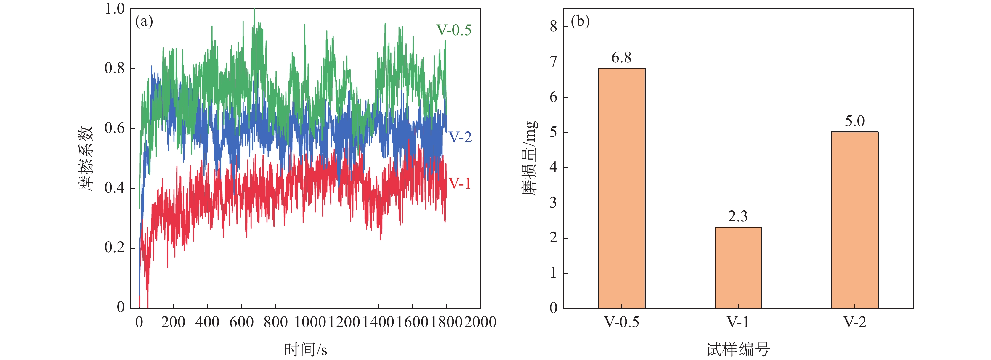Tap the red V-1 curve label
click(459, 184)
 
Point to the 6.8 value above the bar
click(621, 58)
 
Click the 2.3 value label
click(737, 216)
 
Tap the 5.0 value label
click(854, 122)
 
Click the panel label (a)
click(144, 22)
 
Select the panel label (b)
click(580, 22)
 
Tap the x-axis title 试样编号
click(738, 350)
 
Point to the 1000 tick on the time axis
click(310, 322)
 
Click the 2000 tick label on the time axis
click(480, 322)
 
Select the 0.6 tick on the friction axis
click(115, 128)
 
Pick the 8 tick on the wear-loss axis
click(554, 27)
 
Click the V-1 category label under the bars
click(738, 322)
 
